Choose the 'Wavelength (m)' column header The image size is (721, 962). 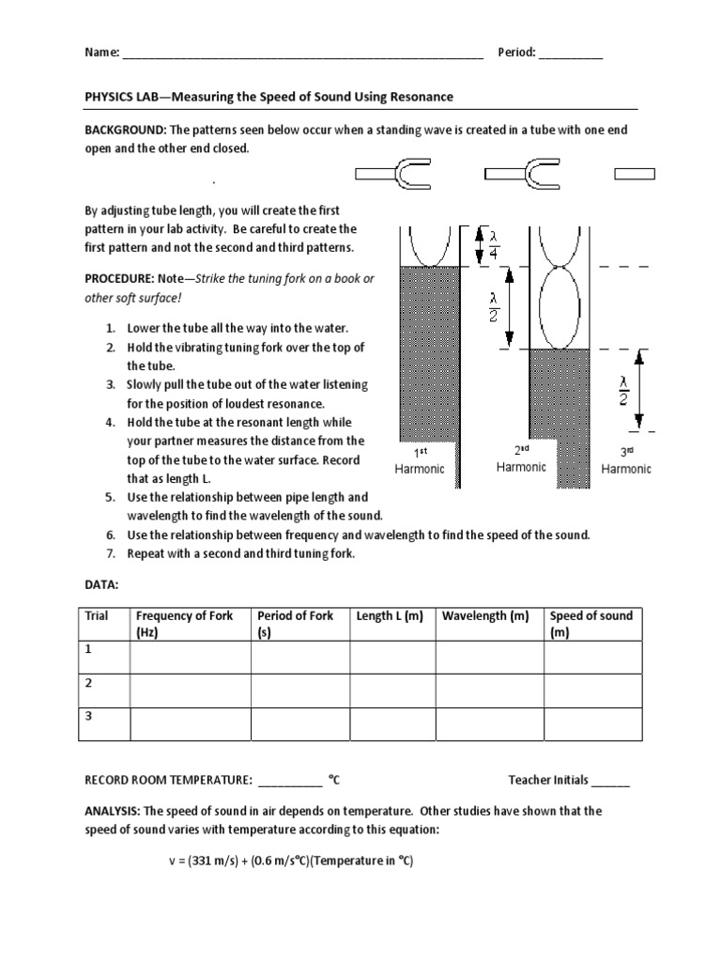[x=486, y=616]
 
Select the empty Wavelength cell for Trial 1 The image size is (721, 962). [x=488, y=657]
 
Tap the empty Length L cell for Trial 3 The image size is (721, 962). [x=391, y=724]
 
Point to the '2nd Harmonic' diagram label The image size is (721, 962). [x=521, y=458]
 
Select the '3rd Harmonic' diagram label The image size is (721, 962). [x=626, y=460]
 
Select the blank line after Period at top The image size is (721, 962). [x=571, y=54]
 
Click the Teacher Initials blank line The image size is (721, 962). [x=611, y=780]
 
